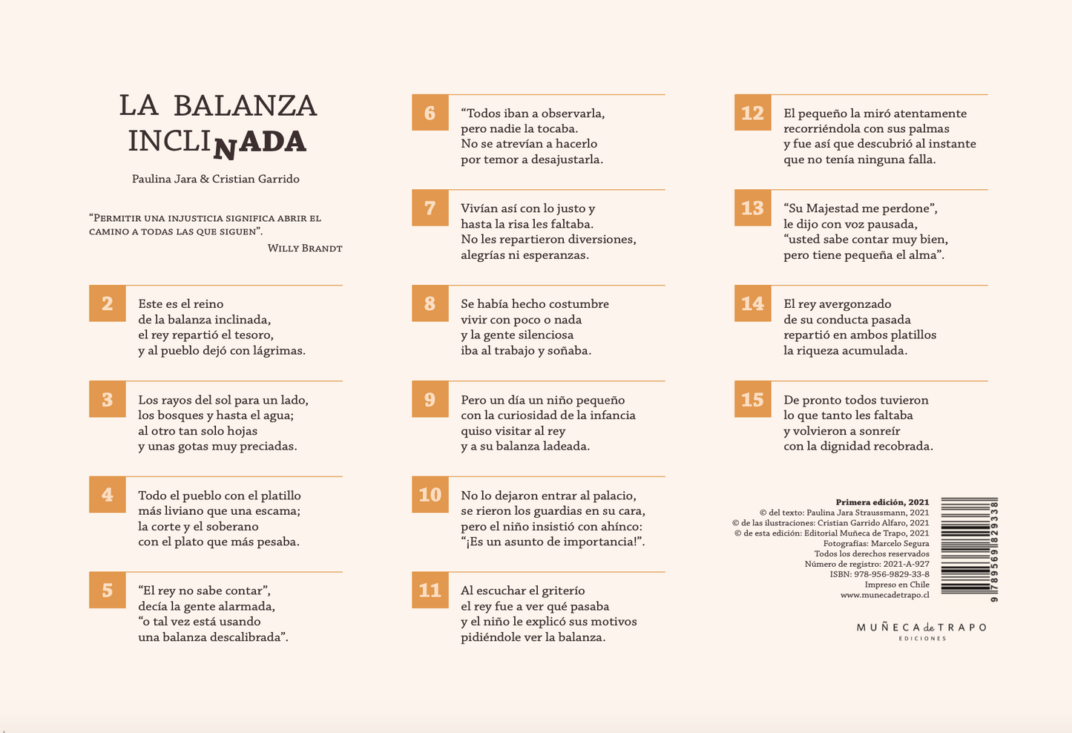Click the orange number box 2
coord(108,303)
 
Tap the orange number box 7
coord(430,208)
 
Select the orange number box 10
coord(430,495)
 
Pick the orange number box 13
coord(752,208)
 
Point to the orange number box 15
coord(752,400)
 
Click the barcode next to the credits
coord(970,549)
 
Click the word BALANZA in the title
coord(245,106)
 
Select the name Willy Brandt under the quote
coord(305,249)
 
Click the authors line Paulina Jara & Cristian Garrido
coord(216,179)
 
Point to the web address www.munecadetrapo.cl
coord(884,595)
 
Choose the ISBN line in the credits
coord(879,574)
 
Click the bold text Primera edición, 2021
coord(882,502)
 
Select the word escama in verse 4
coord(278,511)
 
